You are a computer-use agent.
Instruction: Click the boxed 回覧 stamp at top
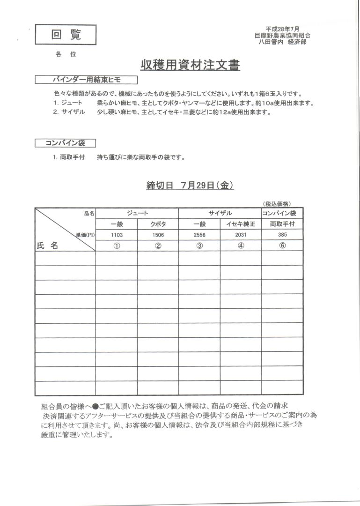pyautogui.click(x=66, y=35)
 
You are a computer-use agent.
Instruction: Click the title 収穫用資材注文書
pyautogui.click(x=190, y=66)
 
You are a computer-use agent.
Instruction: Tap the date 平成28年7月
pyautogui.click(x=282, y=29)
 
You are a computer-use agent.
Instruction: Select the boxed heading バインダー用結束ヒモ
pyautogui.click(x=86, y=80)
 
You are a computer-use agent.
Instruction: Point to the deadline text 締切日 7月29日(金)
pyautogui.click(x=190, y=186)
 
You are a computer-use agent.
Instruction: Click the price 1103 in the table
pyautogui.click(x=117, y=235)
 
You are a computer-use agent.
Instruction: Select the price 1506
pyautogui.click(x=158, y=235)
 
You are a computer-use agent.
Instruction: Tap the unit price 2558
pyautogui.click(x=199, y=235)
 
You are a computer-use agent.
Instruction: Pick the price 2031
pyautogui.click(x=241, y=235)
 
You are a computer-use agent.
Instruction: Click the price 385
pyautogui.click(x=282, y=235)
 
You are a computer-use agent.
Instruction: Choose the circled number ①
pyautogui.click(x=117, y=246)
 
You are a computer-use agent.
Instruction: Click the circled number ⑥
pyautogui.click(x=282, y=246)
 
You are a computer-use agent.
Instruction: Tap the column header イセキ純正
pyautogui.click(x=241, y=224)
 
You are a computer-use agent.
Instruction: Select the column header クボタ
pyautogui.click(x=158, y=224)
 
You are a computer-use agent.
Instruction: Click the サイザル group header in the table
pyautogui.click(x=220, y=213)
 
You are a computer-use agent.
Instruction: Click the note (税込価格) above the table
pyautogui.click(x=277, y=204)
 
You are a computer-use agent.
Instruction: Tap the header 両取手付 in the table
pyautogui.click(x=282, y=224)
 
